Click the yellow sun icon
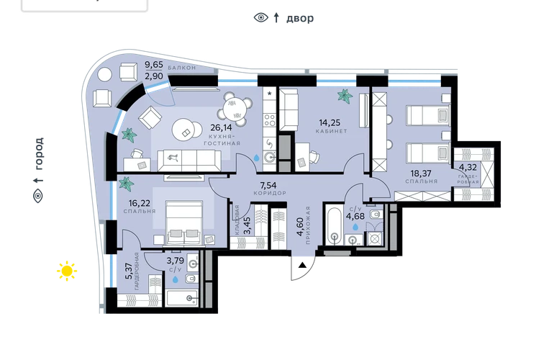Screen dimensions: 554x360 (x=67, y=271)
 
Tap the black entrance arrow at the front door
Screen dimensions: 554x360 (x=302, y=265)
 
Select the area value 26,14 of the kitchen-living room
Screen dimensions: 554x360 (x=221, y=127)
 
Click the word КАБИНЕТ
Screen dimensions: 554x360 (x=332, y=131)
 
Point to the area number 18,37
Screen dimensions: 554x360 (x=421, y=174)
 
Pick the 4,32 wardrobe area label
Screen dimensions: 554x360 (x=468, y=167)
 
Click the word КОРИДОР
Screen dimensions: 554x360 (x=270, y=193)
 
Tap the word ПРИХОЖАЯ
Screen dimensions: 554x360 (x=308, y=225)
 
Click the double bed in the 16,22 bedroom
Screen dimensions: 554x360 (x=184, y=222)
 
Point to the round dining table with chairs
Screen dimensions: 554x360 (x=235, y=109)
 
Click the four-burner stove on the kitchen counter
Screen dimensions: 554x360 (x=270, y=120)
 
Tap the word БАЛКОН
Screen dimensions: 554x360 (x=181, y=68)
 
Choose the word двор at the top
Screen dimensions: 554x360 (x=300, y=18)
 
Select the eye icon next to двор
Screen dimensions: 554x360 (x=261, y=17)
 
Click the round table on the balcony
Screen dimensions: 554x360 (x=104, y=74)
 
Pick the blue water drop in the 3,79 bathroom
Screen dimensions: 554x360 (x=176, y=279)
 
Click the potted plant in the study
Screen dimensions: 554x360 (x=345, y=96)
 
